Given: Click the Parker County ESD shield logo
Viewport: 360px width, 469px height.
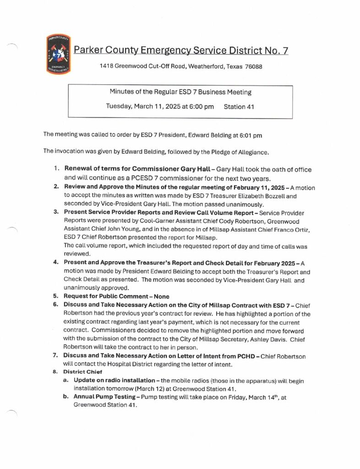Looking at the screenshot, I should tap(59, 54).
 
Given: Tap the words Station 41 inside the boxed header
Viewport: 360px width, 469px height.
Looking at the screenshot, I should tap(239, 107).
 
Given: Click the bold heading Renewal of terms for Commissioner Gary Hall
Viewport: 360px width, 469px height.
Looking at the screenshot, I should tap(137, 169).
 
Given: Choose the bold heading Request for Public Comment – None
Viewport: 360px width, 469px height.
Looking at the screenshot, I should tap(116, 296).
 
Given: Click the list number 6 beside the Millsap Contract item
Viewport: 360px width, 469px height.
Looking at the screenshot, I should tap(55, 305).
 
